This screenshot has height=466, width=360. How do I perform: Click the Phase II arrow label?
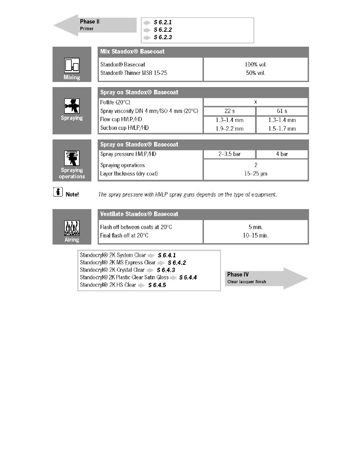click(90, 22)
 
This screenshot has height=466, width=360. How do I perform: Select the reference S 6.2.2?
click(163, 29)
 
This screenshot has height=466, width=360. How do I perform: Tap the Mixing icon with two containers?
click(72, 66)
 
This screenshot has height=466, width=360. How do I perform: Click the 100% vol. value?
click(256, 64)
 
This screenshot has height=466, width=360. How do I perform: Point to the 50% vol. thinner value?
click(256, 73)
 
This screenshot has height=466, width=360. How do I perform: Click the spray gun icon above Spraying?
click(72, 106)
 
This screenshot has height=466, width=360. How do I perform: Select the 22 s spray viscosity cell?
click(229, 111)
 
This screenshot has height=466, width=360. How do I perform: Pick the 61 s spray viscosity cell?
click(282, 111)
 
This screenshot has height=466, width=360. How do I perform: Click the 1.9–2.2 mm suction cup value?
click(229, 129)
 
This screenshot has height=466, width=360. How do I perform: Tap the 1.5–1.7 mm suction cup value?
click(282, 129)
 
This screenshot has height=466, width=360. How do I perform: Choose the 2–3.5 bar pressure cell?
click(229, 154)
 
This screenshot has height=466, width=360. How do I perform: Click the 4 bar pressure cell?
click(282, 154)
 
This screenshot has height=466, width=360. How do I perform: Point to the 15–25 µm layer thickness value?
click(256, 174)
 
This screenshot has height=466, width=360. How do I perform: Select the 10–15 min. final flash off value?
click(256, 236)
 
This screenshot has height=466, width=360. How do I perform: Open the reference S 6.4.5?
click(157, 285)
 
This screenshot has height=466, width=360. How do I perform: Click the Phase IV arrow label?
click(238, 275)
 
